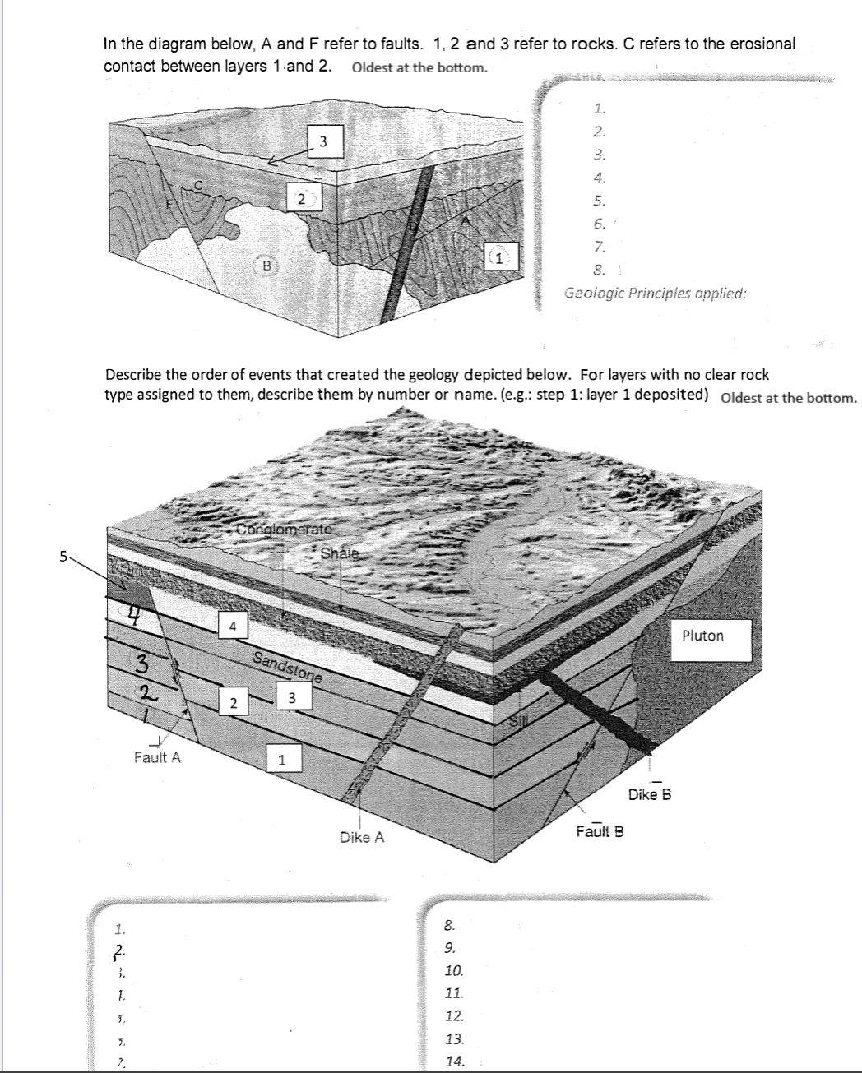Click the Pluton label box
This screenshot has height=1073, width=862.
(703, 637)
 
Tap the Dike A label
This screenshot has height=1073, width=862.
(362, 837)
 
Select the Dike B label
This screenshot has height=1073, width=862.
(650, 794)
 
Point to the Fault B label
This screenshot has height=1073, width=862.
(600, 831)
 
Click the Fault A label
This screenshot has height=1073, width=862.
(157, 757)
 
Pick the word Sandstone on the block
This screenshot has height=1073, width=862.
(287, 668)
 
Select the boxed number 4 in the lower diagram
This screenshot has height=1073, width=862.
(234, 627)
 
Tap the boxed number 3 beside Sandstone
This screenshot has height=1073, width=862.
(292, 699)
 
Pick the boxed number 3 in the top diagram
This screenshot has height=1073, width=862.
(323, 142)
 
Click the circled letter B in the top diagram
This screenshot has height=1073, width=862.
(266, 266)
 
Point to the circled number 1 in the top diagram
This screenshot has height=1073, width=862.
(498, 258)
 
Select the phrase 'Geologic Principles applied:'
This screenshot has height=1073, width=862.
(656, 293)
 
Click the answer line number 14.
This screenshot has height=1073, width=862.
(454, 1061)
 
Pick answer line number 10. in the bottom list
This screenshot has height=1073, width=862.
(454, 971)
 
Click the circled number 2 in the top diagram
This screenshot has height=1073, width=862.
(302, 198)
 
